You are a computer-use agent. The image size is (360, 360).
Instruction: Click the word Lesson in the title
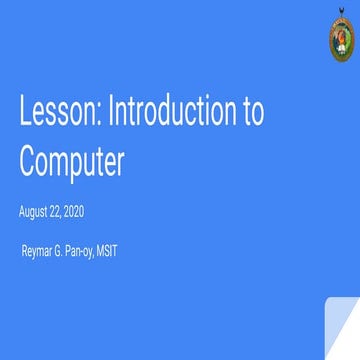point(55,114)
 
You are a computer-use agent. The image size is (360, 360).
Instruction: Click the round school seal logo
point(340,41)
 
